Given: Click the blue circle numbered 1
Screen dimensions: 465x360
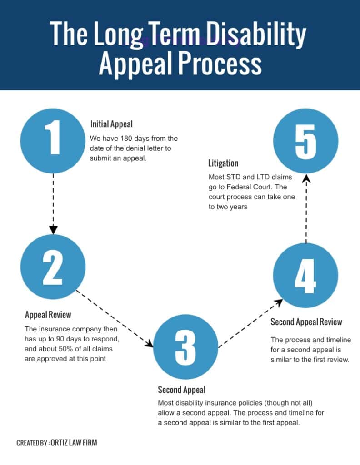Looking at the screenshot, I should [54, 139].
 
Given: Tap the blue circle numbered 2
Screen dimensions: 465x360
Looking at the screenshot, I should [53, 268].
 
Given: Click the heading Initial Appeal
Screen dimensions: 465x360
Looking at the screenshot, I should [111, 124].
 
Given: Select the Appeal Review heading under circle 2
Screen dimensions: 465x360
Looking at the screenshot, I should [48, 315].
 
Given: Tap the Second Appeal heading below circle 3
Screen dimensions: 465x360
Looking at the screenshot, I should [181, 390].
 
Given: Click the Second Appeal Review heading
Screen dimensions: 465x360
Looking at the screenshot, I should [306, 322].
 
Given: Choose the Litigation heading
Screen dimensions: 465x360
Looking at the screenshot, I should [223, 163].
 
